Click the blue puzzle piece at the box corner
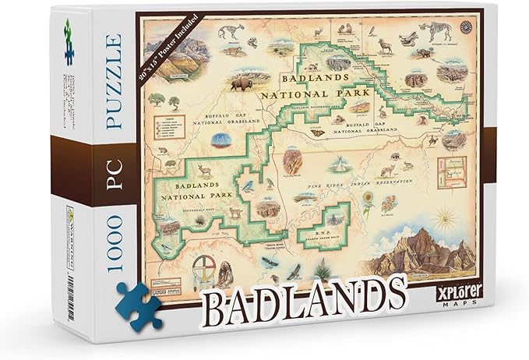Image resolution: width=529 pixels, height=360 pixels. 139,305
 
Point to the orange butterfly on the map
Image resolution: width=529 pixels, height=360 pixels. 317,132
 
